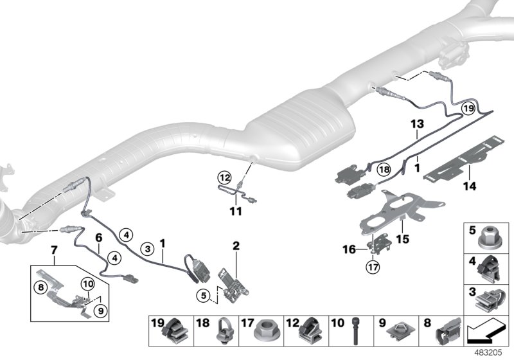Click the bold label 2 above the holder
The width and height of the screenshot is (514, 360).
pos(236,245)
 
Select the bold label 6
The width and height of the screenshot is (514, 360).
pos(98,237)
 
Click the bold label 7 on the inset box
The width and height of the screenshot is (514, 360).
pos(55,248)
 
